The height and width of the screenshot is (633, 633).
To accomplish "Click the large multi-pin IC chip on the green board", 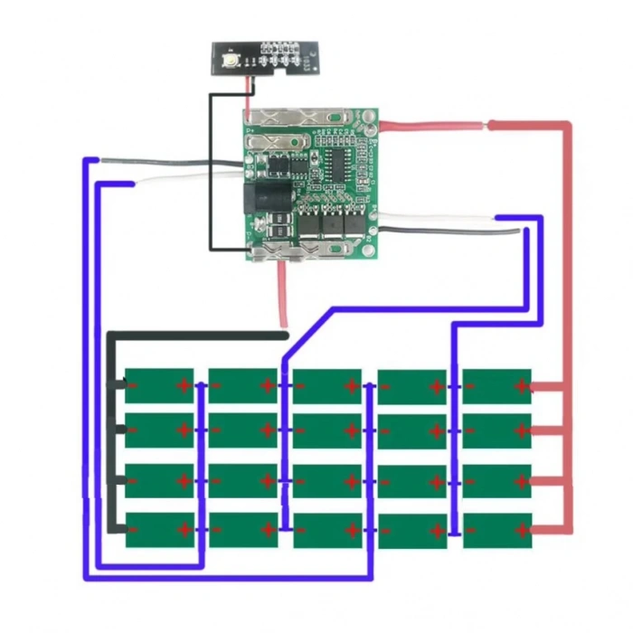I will coord(337,164).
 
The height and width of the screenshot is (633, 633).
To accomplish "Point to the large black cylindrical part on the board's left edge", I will coord(265,195).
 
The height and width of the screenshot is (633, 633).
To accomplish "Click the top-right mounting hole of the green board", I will coord(369,118).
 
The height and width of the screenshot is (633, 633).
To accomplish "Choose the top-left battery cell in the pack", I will coord(159,384).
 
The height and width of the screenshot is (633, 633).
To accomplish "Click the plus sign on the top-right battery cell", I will coord(521,387).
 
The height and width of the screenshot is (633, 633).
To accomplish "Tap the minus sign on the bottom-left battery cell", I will coord(133,529).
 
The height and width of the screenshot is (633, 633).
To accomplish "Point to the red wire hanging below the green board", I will coord(284,294).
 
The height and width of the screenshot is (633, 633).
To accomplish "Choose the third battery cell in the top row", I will coord(327,384).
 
